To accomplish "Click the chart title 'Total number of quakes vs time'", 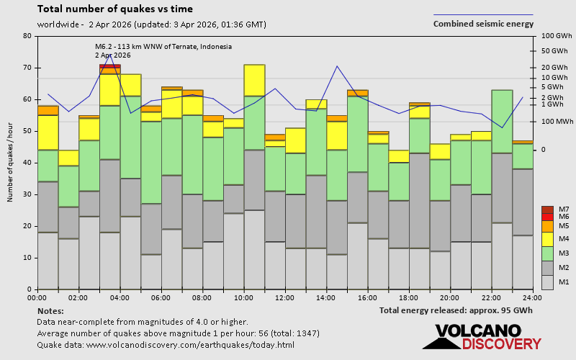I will pyautogui.click(x=114, y=9).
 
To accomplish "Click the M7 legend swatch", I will pyautogui.click(x=547, y=210).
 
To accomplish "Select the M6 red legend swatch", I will pyautogui.click(x=547, y=217).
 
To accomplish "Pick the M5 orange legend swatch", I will pyautogui.click(x=547, y=226).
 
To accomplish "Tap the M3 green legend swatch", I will pyautogui.click(x=547, y=253).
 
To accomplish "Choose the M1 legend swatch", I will pyautogui.click(x=547, y=282).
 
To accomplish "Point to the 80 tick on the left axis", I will pyautogui.click(x=27, y=36).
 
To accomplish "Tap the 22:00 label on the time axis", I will pyautogui.click(x=491, y=297).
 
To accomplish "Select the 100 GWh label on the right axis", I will pyautogui.click(x=555, y=36).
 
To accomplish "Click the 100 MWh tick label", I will pyautogui.click(x=556, y=121).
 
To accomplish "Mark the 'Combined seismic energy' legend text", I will pyautogui.click(x=483, y=24).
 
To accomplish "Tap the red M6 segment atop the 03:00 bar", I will pyautogui.click(x=110, y=66).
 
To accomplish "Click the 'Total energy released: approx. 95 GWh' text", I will pyautogui.click(x=456, y=310).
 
